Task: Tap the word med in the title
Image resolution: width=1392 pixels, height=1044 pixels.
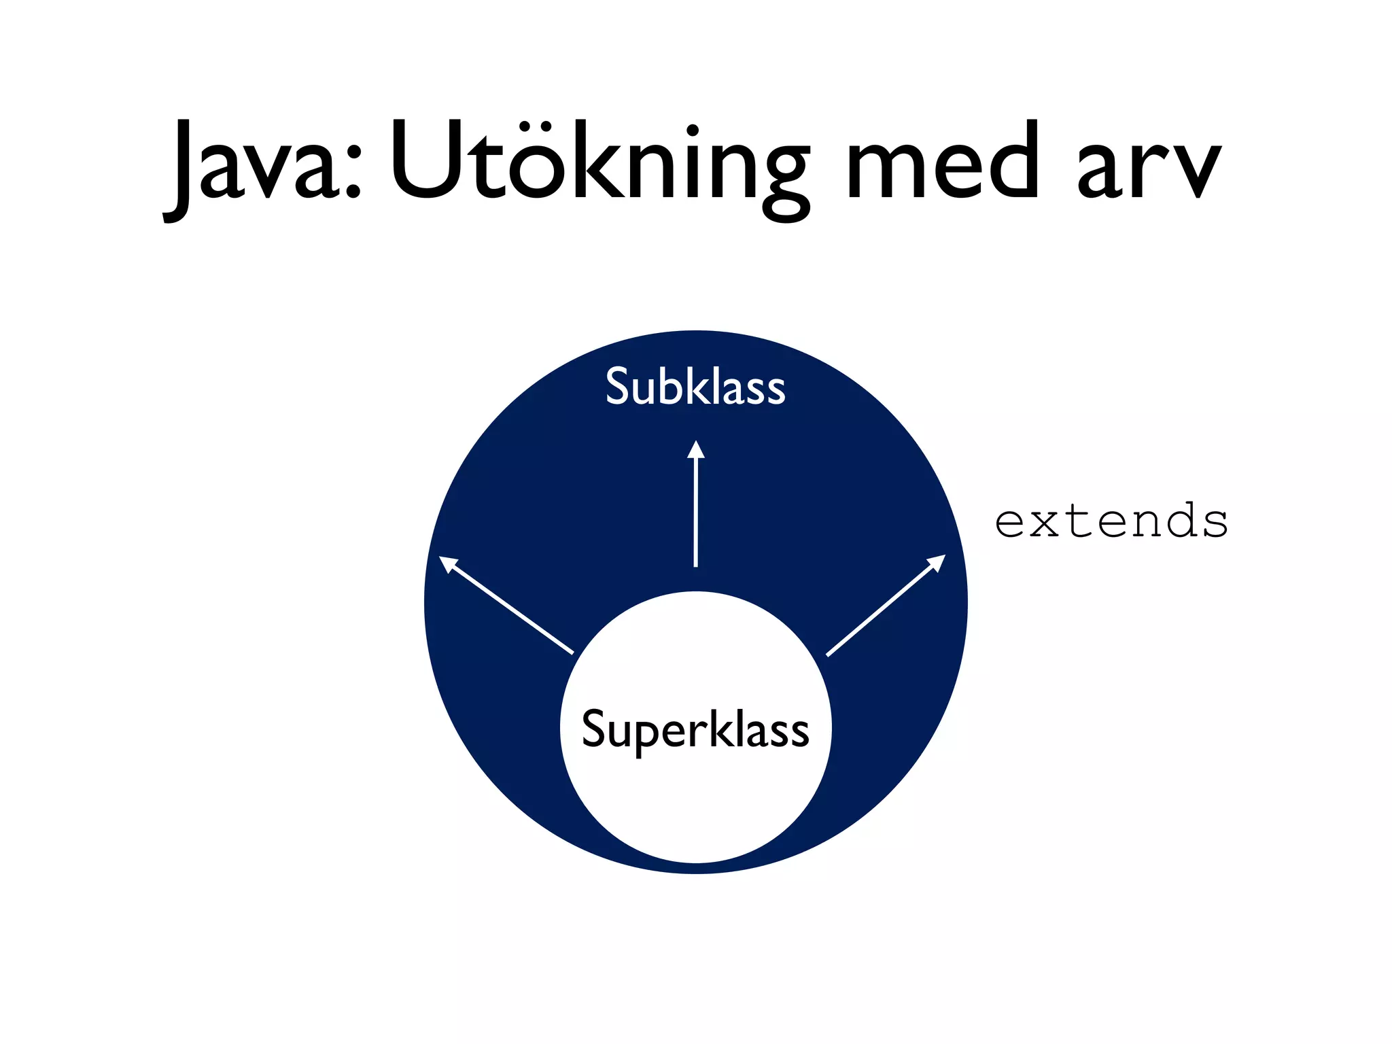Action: (942, 163)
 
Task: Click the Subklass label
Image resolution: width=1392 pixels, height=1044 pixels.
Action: (695, 387)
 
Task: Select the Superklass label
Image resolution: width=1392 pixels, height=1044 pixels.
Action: (695, 729)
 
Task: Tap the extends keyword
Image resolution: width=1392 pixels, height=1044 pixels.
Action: (1111, 522)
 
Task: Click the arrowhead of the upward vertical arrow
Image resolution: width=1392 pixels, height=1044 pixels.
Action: (695, 450)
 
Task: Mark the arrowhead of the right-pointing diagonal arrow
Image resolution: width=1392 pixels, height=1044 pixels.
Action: (937, 562)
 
